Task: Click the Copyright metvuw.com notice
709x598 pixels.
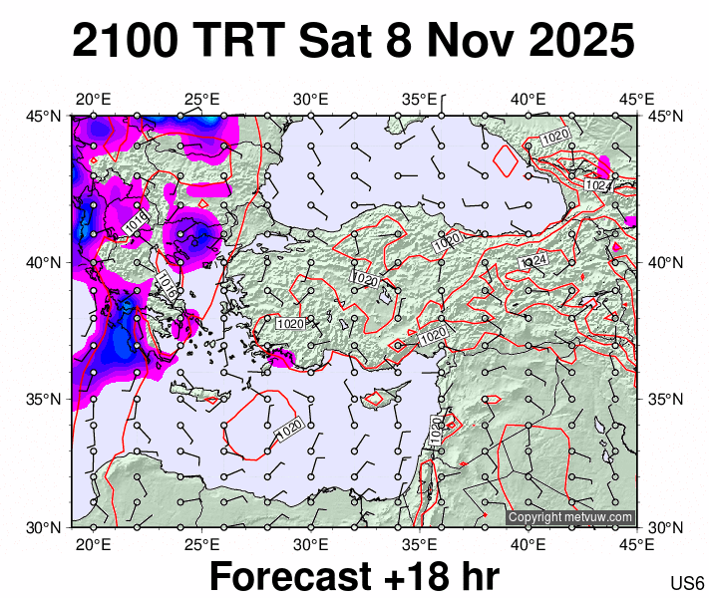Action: click(x=570, y=517)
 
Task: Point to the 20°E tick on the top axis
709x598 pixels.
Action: click(x=93, y=99)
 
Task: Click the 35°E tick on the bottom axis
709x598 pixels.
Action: click(x=420, y=544)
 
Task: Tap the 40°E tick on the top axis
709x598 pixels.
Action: click(x=529, y=99)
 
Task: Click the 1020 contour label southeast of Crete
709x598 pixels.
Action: click(x=287, y=429)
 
